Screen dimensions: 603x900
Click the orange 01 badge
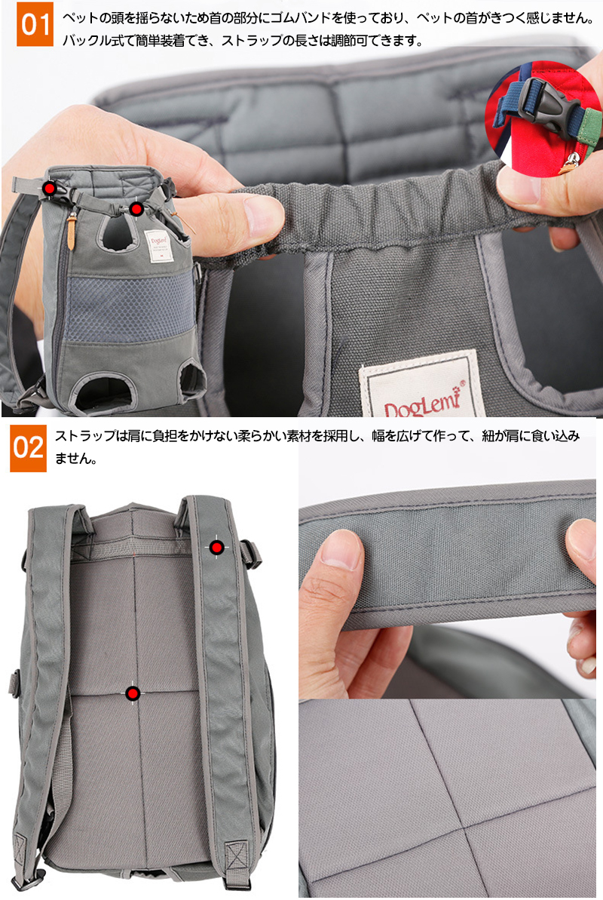pos(35,24)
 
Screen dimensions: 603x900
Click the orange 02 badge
pos(28,447)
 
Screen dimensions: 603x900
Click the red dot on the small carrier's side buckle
pos(50,189)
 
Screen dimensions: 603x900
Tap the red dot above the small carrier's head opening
pos(136,209)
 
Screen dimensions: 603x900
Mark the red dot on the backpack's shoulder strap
pos(216,548)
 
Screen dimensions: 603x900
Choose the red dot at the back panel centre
pos(133,693)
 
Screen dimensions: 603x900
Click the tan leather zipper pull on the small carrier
pos(71,231)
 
